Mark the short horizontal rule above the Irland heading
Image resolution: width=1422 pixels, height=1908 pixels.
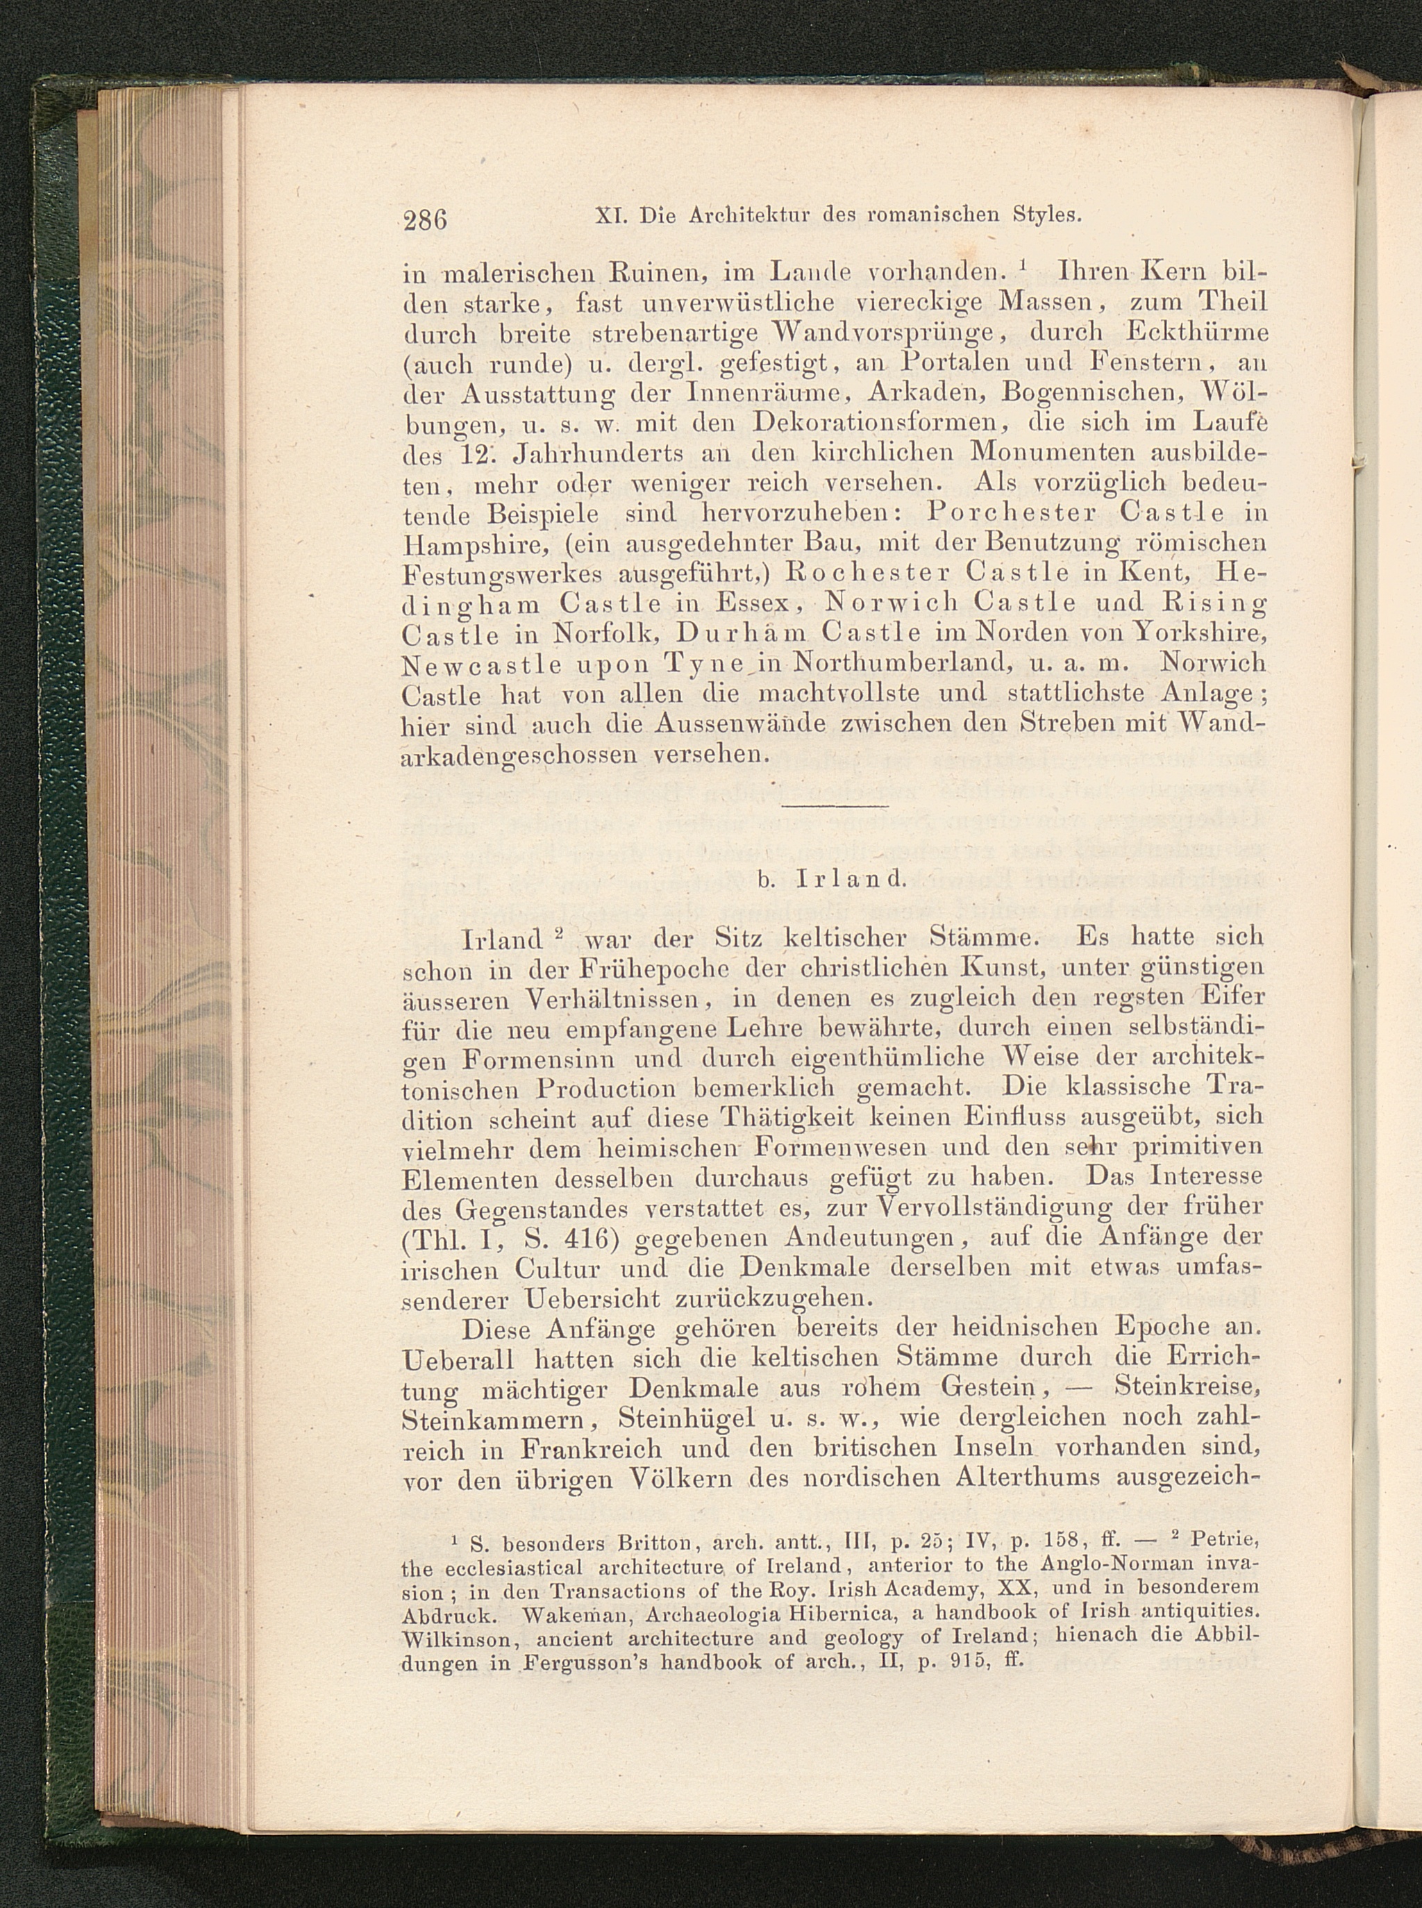point(835,805)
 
